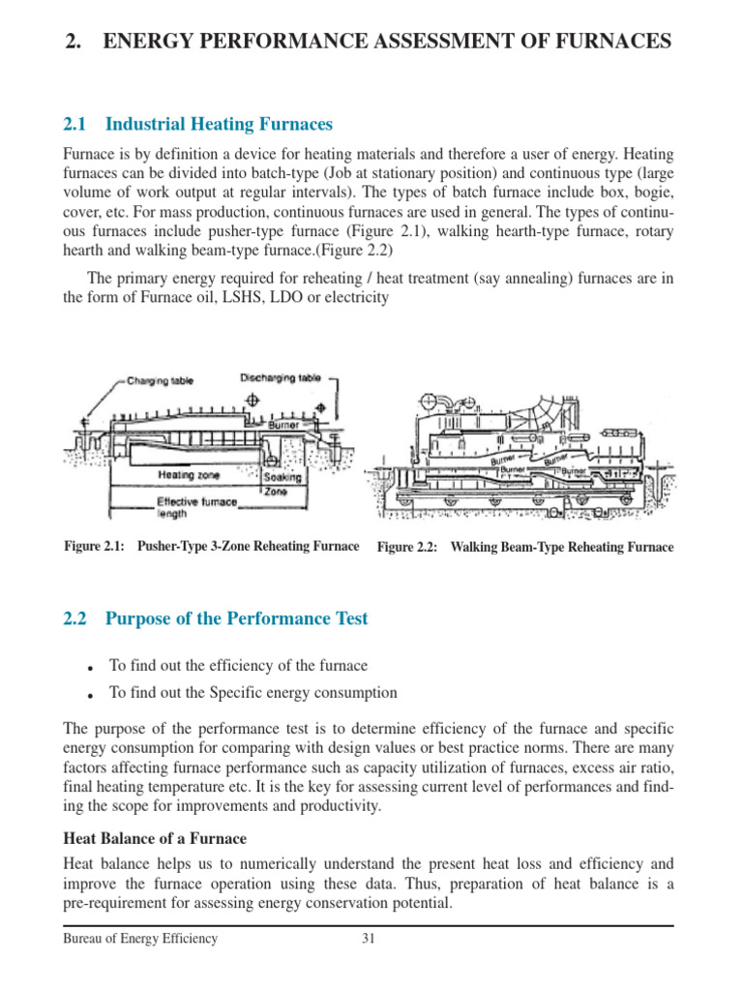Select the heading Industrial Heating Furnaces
[x=218, y=124]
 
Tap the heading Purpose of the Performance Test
[x=236, y=618]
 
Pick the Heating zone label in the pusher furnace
[x=189, y=475]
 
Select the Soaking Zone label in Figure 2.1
[x=282, y=484]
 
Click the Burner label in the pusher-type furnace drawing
[x=283, y=425]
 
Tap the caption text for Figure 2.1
[x=211, y=547]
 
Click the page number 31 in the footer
[x=369, y=938]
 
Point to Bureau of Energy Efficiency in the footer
[x=140, y=938]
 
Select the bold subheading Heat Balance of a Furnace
[x=155, y=838]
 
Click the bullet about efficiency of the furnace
[x=238, y=666]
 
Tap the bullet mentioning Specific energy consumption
[x=253, y=693]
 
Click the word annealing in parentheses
[x=519, y=279]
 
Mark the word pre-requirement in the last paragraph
[x=112, y=904]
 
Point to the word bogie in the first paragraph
[x=649, y=192]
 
